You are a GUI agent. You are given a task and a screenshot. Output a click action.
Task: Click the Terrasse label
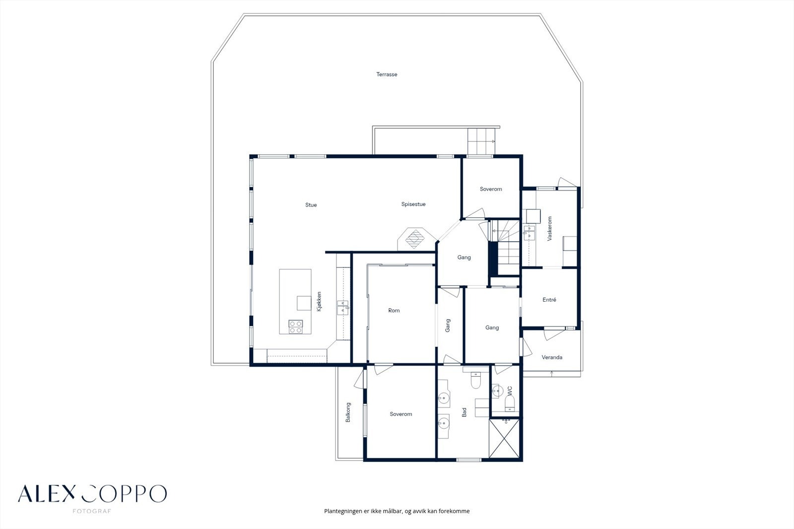(x=387, y=74)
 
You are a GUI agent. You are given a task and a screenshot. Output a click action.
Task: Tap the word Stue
(x=311, y=205)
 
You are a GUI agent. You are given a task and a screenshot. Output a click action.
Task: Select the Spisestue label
(x=413, y=204)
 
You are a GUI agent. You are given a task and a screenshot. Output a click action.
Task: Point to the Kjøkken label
(x=319, y=301)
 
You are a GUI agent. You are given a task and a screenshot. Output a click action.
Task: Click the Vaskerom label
(x=549, y=229)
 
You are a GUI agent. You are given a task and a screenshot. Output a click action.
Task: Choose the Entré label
(x=549, y=300)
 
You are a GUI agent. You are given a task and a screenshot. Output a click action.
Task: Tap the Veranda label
(x=552, y=357)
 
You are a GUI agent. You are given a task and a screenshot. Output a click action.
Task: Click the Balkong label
(x=348, y=412)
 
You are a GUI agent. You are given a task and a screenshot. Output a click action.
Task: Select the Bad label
(x=464, y=412)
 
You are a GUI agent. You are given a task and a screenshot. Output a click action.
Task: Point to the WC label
(x=510, y=391)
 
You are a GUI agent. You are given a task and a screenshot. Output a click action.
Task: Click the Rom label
(x=394, y=311)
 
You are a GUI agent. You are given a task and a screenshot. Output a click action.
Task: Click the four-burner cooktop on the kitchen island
(x=296, y=327)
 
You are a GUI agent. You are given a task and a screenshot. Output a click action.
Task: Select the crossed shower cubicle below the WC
(x=504, y=439)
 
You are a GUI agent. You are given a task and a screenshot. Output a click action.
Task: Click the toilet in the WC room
(x=509, y=403)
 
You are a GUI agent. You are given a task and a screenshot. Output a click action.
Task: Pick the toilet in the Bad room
(x=475, y=381)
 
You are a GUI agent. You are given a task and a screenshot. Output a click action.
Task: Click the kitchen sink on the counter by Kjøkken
(x=343, y=308)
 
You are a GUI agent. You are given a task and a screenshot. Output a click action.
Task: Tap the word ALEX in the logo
(x=47, y=494)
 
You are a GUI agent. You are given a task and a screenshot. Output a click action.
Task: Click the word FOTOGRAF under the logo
(x=92, y=511)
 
